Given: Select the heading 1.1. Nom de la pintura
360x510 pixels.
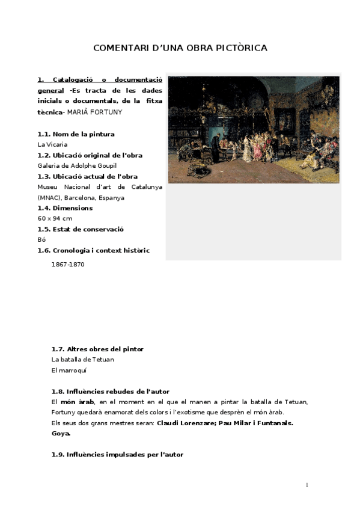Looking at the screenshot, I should [76, 134].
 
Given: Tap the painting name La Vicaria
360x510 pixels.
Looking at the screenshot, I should [52, 144].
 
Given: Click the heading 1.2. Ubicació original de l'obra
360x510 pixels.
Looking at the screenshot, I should [90, 155].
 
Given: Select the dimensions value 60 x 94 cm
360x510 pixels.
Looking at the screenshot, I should [55, 218].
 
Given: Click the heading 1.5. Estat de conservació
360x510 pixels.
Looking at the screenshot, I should [80, 229].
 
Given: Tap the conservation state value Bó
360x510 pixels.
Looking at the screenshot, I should [41, 239].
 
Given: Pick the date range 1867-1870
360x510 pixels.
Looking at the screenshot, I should [67, 265].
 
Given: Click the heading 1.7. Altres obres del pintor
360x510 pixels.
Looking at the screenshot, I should [97, 349].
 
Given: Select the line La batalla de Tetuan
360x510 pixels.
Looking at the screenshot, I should [83, 360].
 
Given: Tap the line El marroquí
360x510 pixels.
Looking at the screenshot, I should [69, 370].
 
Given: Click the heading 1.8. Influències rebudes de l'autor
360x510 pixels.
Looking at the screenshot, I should [111, 392].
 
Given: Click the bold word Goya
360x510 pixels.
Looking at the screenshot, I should [61, 433].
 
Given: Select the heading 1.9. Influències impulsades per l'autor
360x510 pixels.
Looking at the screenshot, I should [117, 455].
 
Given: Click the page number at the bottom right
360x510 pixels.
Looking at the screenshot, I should [307, 485].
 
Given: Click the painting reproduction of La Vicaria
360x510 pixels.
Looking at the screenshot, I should [254, 129].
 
